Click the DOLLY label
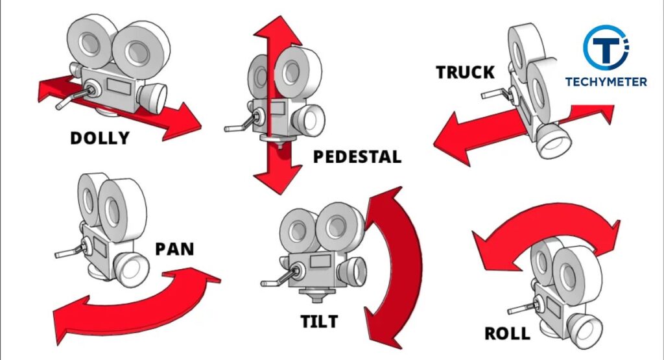100,138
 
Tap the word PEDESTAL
357,157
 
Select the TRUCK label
465,72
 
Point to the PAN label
174,248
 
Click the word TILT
319,321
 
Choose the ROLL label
507,334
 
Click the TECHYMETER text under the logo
606,82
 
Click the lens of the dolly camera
154,96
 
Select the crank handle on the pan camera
67,251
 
